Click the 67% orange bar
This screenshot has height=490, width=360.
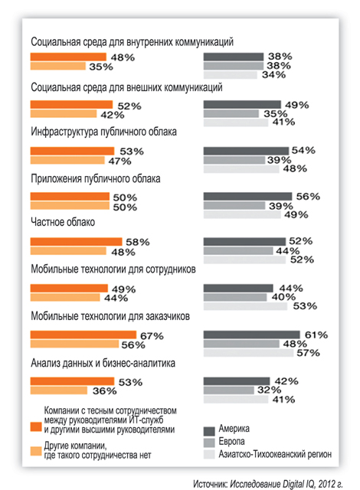pyautogui.click(x=83, y=335)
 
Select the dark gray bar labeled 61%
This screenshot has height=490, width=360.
pyautogui.click(x=251, y=335)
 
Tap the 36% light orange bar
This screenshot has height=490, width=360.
pyautogui.click(x=59, y=390)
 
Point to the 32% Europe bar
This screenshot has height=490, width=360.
pyautogui.click(x=229, y=390)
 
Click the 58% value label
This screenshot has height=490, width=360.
pyautogui.click(x=138, y=242)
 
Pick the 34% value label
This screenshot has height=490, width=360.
pyautogui.click(x=273, y=75)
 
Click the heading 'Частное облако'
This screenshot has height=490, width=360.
pyautogui.click(x=63, y=222)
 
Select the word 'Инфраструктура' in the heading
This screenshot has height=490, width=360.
pyautogui.click(x=64, y=132)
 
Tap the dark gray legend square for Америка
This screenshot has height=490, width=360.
pyautogui.click(x=209, y=431)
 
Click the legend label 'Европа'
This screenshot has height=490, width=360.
pyautogui.click(x=231, y=441)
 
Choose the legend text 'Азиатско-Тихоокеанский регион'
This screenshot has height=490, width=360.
pyautogui.click(x=275, y=454)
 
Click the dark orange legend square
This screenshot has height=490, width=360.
pyautogui.click(x=36, y=426)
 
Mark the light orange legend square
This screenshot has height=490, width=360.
pyautogui.click(x=36, y=451)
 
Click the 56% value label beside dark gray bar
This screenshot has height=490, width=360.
pyautogui.click(x=308, y=197)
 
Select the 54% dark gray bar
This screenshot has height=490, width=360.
pyautogui.click(x=246, y=151)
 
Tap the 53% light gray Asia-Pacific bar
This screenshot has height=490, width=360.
pyautogui.click(x=245, y=306)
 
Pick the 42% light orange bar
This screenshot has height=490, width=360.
pyautogui.click(x=64, y=114)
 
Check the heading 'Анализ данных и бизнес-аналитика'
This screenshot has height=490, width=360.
pyautogui.click(x=103, y=363)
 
